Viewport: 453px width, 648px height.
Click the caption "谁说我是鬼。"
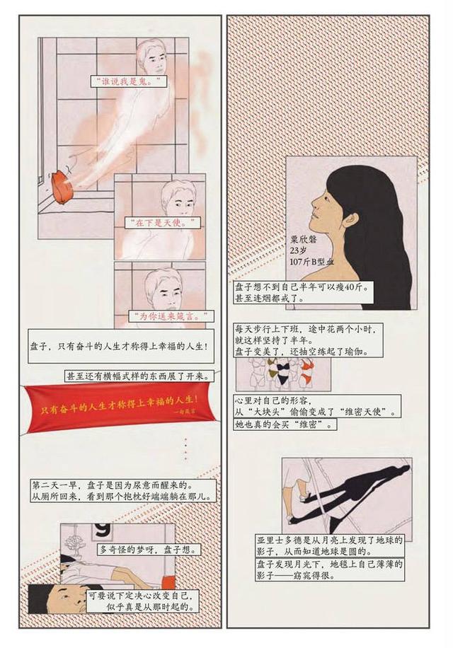(x=128, y=81)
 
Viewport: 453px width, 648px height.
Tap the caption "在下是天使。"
(x=161, y=223)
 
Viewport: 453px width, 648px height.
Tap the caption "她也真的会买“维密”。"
(x=285, y=425)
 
